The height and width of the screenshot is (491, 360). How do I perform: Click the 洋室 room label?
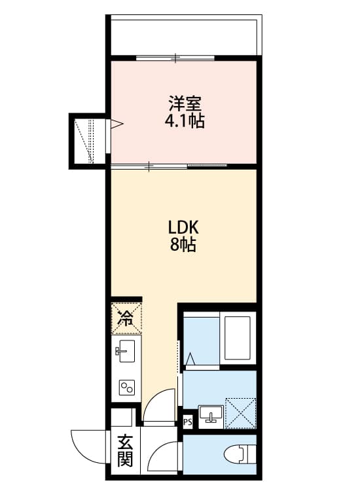coord(183,104)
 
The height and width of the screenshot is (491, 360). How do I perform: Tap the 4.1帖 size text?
coord(183,121)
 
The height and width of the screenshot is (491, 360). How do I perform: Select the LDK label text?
coord(183,228)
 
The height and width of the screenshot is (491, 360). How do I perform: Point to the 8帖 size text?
coord(183,245)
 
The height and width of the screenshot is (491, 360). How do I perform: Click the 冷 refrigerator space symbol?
coord(124,318)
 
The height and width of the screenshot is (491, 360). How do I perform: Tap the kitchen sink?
coord(125,352)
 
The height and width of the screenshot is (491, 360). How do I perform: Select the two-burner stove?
coord(126,388)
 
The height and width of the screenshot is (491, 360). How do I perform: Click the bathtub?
coord(238,340)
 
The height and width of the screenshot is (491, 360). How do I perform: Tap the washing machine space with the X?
coord(240,412)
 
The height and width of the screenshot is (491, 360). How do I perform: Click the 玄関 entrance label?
coord(125,451)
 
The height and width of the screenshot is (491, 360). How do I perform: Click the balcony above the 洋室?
coord(183,36)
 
